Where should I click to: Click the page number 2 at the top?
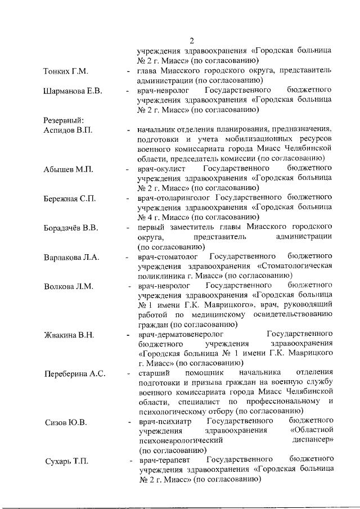tap(192, 40)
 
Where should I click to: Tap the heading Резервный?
tap(64, 120)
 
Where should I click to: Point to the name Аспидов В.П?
tap(67, 129)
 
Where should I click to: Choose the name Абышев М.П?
tap(66, 169)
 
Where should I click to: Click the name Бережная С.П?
tap(70, 198)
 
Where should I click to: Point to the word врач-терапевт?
tap(162, 461)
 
